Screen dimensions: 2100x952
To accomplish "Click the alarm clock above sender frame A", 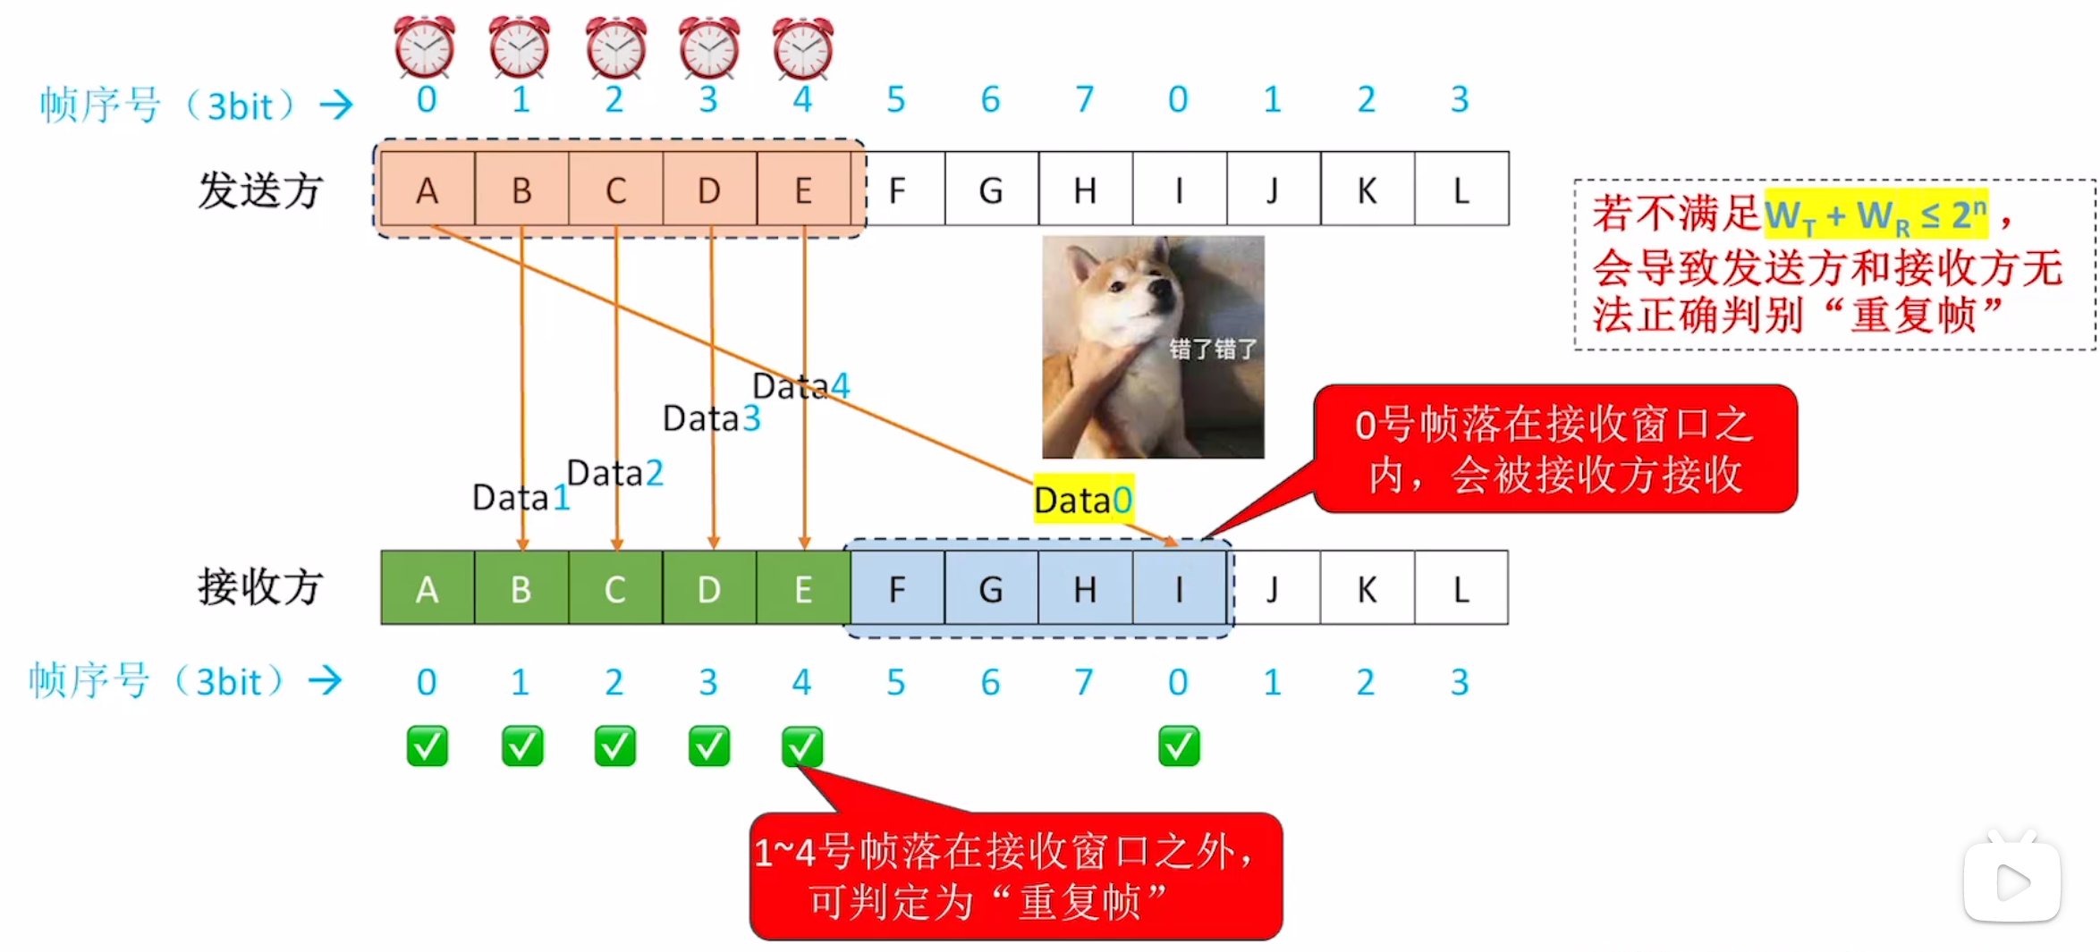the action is (x=425, y=46).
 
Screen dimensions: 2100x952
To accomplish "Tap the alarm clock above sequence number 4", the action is (x=802, y=46).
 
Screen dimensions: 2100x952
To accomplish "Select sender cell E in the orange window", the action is (x=803, y=190).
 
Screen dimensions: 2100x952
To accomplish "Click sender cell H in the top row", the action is (x=1085, y=190).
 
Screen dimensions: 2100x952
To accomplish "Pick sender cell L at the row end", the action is (x=1461, y=190).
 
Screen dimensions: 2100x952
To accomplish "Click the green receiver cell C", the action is (x=614, y=588).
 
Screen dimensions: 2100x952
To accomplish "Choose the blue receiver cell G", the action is (x=990, y=588).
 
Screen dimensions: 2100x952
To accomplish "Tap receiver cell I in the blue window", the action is (x=1179, y=588).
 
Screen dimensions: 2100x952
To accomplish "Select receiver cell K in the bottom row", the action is (x=1367, y=588).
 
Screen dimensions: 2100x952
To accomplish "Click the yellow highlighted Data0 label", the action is (x=1083, y=499).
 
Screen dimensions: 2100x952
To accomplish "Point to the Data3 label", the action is (x=711, y=417).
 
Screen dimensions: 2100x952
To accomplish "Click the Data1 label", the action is (x=521, y=497).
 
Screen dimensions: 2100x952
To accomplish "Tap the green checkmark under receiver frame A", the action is (x=427, y=746).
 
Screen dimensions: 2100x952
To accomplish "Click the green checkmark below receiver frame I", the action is (x=1179, y=746).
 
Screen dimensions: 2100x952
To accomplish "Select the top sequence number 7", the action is (x=1084, y=99).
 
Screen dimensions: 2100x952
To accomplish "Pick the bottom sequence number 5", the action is (x=896, y=682).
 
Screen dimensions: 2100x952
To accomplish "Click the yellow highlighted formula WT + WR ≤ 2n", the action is (x=1876, y=215).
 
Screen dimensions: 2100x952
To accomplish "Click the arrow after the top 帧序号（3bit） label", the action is (x=336, y=105).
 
